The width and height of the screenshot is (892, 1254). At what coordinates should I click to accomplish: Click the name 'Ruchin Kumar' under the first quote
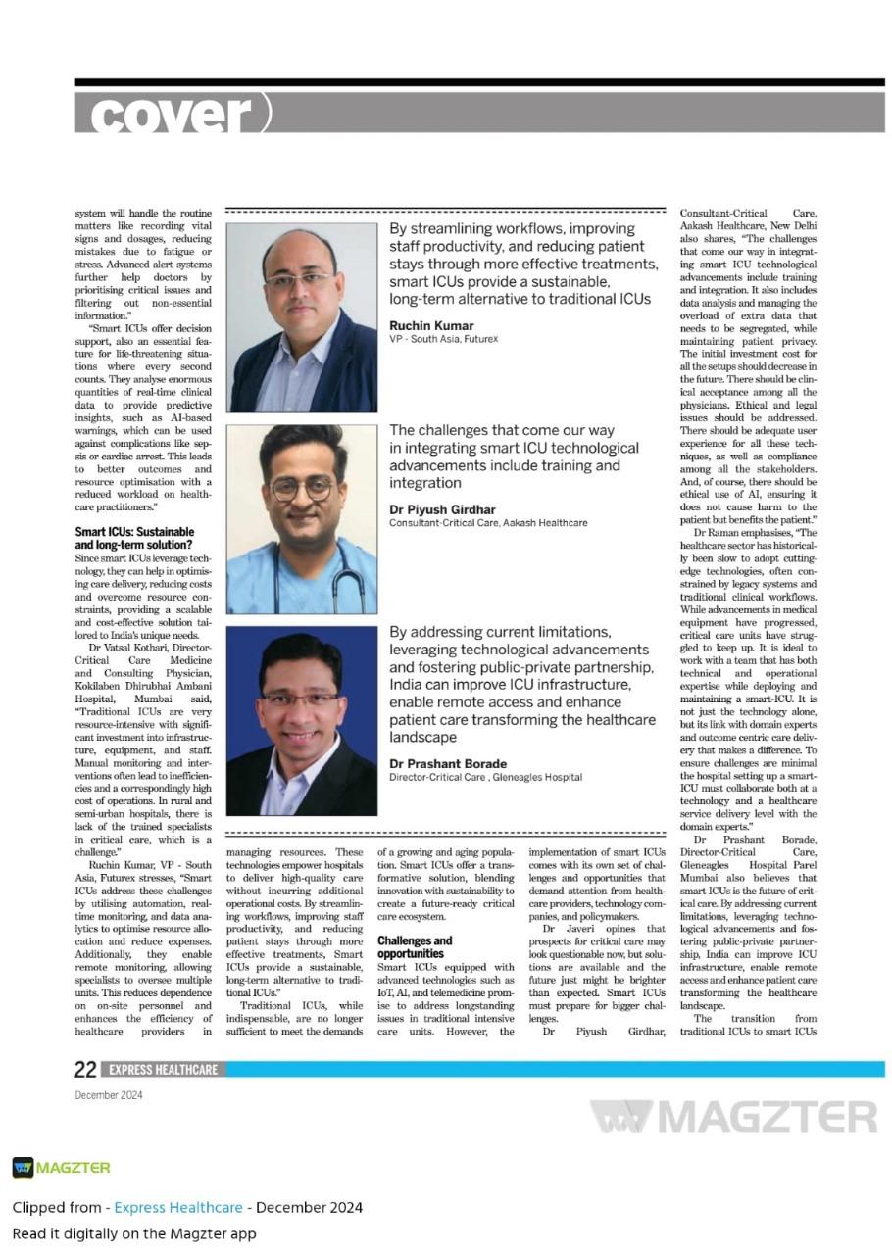(431, 325)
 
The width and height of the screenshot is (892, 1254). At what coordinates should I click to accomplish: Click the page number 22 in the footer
(86, 1070)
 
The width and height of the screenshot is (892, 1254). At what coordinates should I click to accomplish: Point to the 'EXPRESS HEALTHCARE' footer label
(163, 1070)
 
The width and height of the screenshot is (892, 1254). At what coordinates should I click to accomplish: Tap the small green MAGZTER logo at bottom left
(61, 1167)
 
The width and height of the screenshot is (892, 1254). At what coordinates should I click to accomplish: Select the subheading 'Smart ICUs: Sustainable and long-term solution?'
(134, 538)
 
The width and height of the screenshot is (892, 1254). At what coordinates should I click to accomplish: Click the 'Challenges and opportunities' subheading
(415, 946)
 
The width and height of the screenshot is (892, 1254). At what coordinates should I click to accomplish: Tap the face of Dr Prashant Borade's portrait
(300, 697)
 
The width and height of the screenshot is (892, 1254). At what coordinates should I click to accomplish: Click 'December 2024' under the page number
(109, 1094)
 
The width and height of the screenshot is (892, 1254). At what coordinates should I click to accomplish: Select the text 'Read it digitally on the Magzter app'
(134, 1232)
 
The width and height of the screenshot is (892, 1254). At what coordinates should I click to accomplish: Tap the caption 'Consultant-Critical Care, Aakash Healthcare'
(488, 523)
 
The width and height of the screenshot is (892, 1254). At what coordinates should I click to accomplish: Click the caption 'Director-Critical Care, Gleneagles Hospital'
(485, 777)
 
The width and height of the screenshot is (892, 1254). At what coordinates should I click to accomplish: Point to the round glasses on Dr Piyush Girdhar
(301, 488)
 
